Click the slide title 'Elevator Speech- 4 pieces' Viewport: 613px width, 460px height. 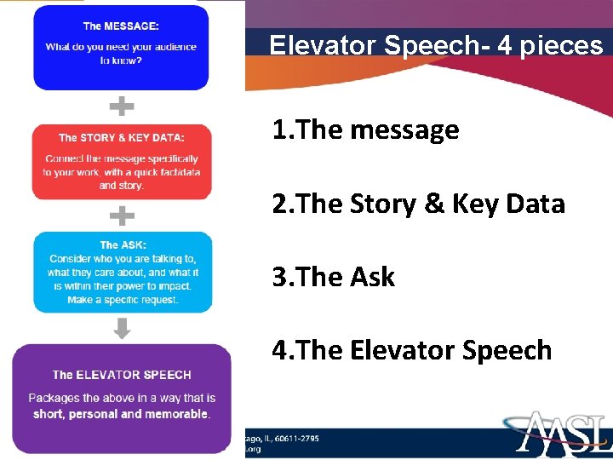[435, 44]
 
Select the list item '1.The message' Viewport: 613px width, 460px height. [365, 130]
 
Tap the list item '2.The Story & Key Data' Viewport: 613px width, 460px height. [418, 204]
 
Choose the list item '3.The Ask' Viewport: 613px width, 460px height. [334, 277]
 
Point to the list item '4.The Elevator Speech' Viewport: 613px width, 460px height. [412, 350]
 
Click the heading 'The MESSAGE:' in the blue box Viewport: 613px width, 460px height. [121, 26]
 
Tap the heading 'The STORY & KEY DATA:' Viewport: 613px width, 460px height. [121, 137]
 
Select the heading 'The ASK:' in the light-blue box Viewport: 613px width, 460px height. [121, 245]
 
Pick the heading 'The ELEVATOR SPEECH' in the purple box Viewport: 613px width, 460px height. [122, 375]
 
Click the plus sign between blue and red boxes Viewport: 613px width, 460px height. [123, 106]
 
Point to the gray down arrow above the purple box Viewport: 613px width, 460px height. [123, 328]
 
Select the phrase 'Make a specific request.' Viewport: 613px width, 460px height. [123, 300]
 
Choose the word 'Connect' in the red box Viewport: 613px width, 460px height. [64, 158]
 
